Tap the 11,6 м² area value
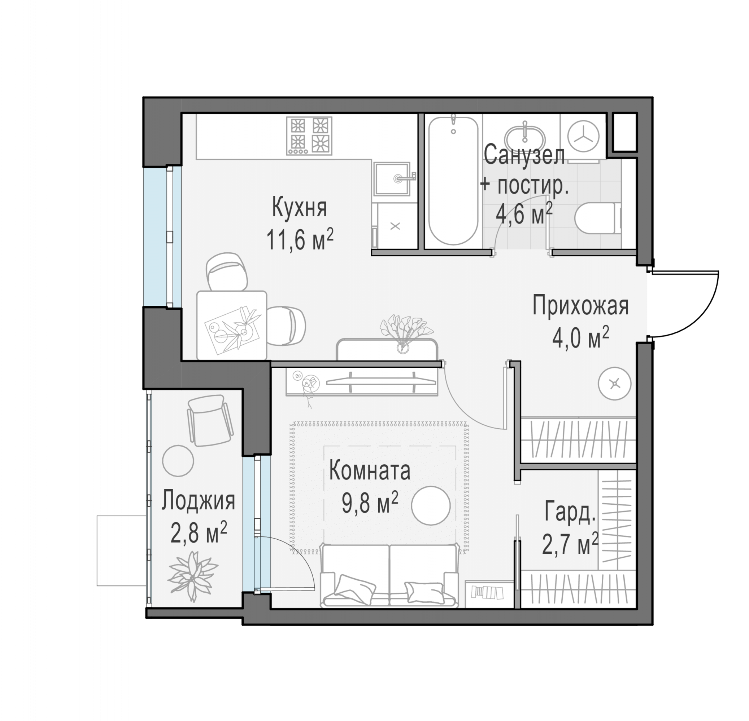coord(300,240)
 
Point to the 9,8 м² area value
coord(370,503)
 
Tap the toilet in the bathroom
coord(598,218)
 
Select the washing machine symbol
coord(583,137)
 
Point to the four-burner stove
coord(309,136)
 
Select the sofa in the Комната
coord(390,576)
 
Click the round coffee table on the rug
coord(431,505)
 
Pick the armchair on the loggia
coord(210,420)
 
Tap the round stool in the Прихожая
coord(614,384)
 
